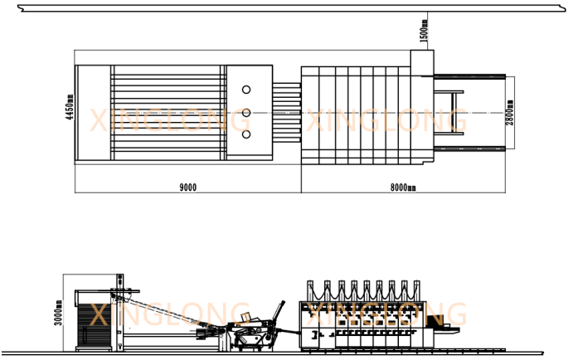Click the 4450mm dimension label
(70, 107)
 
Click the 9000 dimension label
(188, 187)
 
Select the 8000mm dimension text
(403, 187)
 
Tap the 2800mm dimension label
(509, 113)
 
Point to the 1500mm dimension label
(424, 31)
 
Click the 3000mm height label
(58, 313)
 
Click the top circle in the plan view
(246, 90)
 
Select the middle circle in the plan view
(246, 113)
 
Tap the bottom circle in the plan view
(246, 134)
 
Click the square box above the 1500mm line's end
(422, 63)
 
